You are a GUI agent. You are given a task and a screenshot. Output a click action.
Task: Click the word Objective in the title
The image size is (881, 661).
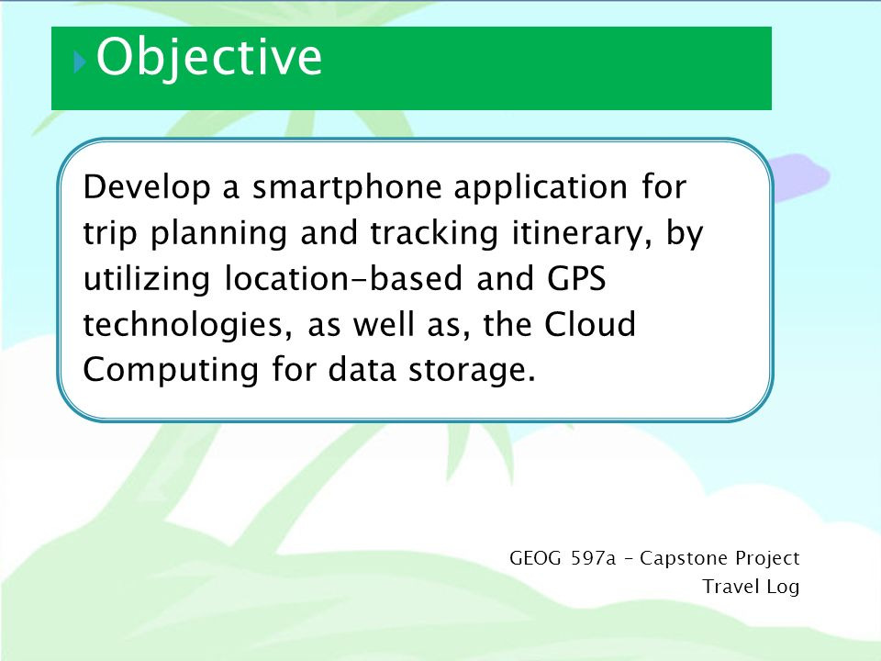click(209, 57)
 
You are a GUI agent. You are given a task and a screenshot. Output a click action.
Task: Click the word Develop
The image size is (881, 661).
click(147, 187)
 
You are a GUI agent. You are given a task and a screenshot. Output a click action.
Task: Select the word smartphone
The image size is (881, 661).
click(347, 187)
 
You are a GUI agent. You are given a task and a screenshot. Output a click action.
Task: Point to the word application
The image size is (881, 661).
click(541, 187)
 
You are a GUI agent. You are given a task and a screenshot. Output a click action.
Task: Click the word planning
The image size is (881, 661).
click(218, 233)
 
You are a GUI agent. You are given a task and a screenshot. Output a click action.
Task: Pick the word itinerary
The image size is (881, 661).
click(576, 233)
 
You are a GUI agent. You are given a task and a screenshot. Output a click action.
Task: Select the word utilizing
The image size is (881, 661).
click(147, 279)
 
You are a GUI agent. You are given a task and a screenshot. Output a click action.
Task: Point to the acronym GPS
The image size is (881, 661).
click(576, 278)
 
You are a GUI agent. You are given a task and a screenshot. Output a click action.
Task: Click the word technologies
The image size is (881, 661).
click(184, 325)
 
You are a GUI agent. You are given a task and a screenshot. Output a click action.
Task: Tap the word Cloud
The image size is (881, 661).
click(590, 324)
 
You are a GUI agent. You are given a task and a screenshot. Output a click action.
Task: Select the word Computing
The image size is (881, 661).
click(171, 370)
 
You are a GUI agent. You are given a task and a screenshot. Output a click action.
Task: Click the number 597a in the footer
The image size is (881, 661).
click(594, 558)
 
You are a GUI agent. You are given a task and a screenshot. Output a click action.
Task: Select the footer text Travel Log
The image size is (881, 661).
click(751, 587)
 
